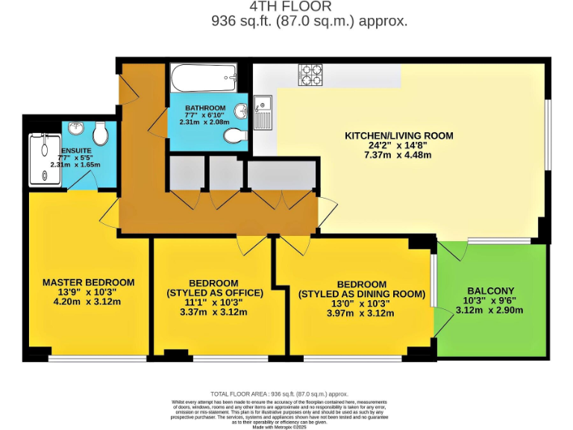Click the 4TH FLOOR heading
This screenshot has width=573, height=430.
point(309,6)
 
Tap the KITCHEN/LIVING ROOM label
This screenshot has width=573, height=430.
point(398,136)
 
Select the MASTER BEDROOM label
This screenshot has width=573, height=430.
point(88,282)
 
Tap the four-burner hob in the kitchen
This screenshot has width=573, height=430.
point(310,73)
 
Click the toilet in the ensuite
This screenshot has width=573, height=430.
point(101,134)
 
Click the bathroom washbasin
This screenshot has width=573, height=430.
point(241,112)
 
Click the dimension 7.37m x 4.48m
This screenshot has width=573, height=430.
point(398,155)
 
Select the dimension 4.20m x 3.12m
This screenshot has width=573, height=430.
point(88,302)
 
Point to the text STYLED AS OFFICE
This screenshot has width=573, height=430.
point(215,293)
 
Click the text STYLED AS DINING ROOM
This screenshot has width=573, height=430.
point(361,294)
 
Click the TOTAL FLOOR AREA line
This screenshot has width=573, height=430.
point(279,393)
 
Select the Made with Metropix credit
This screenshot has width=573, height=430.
point(279,426)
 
